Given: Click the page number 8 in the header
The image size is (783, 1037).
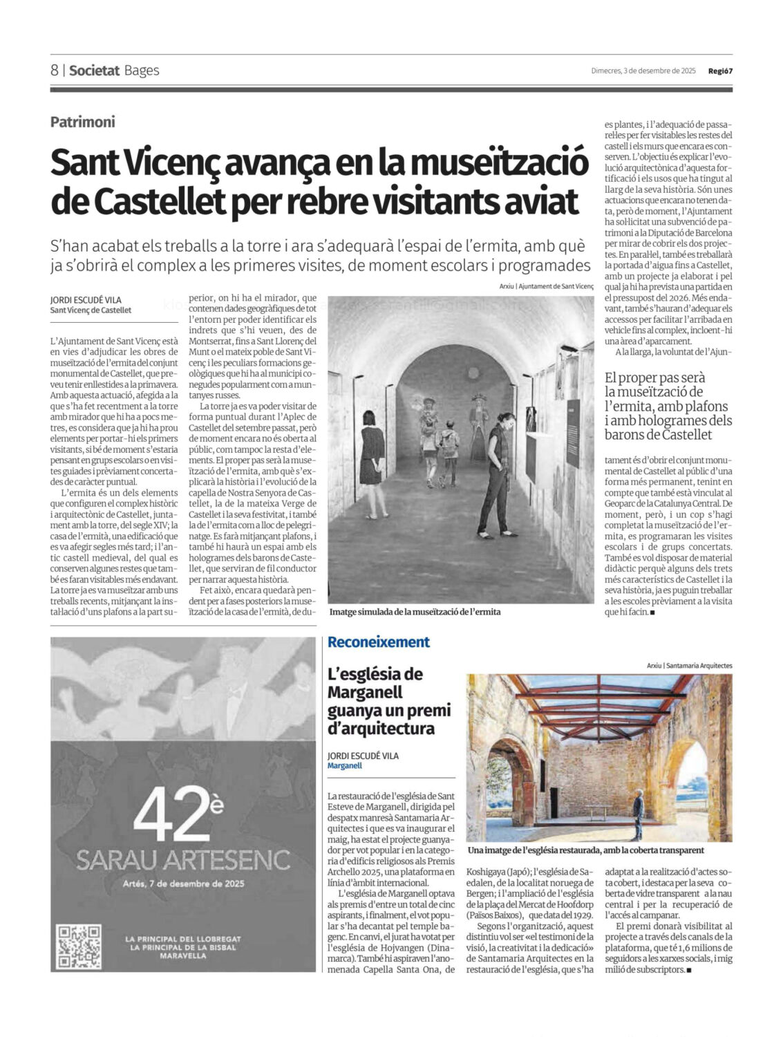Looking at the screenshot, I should pyautogui.click(x=55, y=71).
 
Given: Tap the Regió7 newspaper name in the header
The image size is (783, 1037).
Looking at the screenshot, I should pyautogui.click(x=719, y=71).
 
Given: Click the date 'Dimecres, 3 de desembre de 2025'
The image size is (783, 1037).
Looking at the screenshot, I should pyautogui.click(x=643, y=71).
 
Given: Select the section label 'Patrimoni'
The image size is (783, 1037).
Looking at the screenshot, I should pyautogui.click(x=82, y=122).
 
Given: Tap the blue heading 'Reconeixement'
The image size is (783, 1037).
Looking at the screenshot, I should pyautogui.click(x=379, y=642).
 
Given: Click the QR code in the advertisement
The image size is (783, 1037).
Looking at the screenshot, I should pyautogui.click(x=79, y=946).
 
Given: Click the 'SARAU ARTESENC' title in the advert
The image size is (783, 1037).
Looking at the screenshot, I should pyautogui.click(x=183, y=860).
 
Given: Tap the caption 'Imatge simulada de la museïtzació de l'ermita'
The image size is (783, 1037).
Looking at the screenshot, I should pyautogui.click(x=415, y=612).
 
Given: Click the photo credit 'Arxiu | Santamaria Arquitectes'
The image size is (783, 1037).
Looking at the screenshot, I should pyautogui.click(x=689, y=666).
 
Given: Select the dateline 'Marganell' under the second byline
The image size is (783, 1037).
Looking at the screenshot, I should pyautogui.click(x=345, y=766).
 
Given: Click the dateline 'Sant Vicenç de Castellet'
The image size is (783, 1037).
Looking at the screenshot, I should pyautogui.click(x=91, y=310).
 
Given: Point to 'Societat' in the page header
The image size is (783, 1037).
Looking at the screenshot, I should pyautogui.click(x=95, y=71).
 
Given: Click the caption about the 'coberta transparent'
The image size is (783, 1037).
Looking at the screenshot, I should pyautogui.click(x=585, y=850).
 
